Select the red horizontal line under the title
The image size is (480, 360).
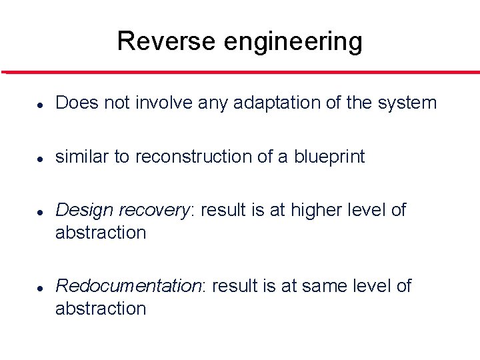[240, 72]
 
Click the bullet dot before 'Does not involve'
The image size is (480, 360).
[41, 105]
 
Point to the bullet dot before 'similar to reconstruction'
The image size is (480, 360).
[41, 158]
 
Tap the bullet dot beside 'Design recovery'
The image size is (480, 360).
[41, 211]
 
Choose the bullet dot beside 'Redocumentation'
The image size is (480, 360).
[41, 287]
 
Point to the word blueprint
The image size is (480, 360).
[329, 157]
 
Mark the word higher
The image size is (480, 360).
[309, 211]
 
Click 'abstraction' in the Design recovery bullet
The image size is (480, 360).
[101, 233]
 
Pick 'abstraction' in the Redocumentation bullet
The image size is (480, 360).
[101, 309]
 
